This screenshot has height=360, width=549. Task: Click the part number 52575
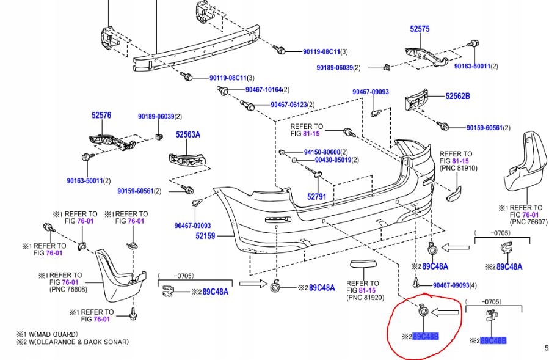(420, 29)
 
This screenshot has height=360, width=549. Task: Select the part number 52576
(101, 114)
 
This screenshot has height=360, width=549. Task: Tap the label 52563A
(188, 135)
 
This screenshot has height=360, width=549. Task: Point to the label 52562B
(457, 96)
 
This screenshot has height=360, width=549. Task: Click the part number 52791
(316, 197)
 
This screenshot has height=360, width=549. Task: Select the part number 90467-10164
(263, 90)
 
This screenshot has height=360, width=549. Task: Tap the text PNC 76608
(68, 289)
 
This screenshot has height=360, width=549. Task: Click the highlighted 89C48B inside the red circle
(426, 336)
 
